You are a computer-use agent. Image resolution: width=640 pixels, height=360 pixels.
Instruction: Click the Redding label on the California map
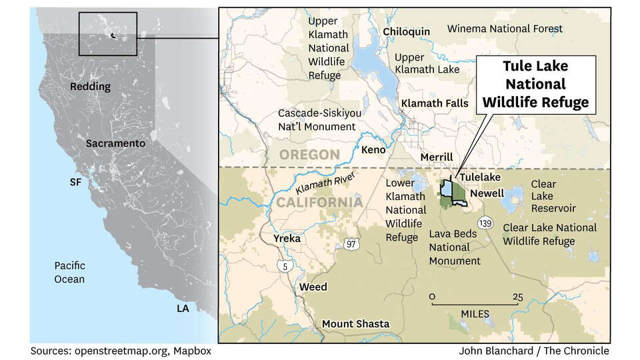(x=91, y=87)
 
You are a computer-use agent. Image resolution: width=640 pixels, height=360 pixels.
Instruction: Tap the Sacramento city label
(x=115, y=143)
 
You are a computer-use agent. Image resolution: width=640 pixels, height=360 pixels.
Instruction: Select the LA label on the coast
(x=183, y=309)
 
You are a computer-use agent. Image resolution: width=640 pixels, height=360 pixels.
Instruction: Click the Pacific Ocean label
(x=69, y=272)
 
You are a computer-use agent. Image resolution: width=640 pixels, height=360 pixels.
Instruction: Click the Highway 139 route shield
(x=485, y=223)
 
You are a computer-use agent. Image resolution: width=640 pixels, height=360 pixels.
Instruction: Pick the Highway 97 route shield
(x=351, y=245)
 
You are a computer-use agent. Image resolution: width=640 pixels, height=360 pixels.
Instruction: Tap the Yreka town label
(x=287, y=238)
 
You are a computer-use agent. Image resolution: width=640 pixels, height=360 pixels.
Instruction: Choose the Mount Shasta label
(x=355, y=323)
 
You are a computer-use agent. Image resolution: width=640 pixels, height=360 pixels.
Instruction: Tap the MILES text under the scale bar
(x=474, y=313)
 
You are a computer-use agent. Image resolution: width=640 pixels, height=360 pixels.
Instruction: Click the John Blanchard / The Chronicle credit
(x=534, y=351)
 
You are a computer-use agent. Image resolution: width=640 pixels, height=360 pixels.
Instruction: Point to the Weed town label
(x=313, y=287)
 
